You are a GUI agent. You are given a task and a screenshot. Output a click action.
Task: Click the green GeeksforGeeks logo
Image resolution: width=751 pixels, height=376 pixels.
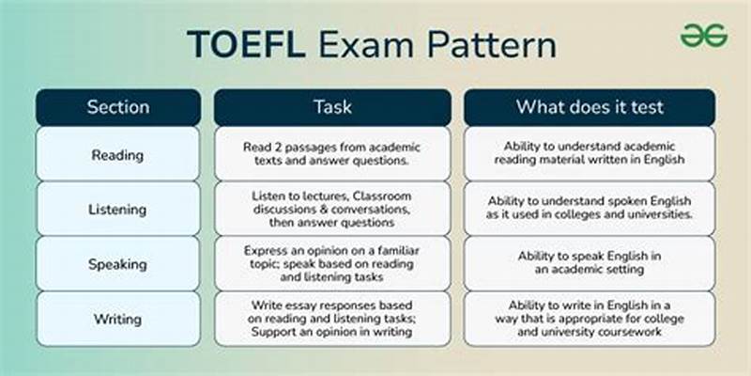(x=703, y=35)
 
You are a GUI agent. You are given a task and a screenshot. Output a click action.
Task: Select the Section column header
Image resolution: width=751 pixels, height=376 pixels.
(x=118, y=107)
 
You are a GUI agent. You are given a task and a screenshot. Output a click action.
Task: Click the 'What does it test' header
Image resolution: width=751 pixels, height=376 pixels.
(x=589, y=107)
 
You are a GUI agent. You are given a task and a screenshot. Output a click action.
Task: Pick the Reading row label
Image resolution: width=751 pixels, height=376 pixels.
(x=118, y=154)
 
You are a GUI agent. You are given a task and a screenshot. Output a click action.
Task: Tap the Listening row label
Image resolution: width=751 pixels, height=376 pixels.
(x=118, y=209)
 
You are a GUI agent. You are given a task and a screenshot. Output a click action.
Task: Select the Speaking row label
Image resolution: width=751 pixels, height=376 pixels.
(x=118, y=263)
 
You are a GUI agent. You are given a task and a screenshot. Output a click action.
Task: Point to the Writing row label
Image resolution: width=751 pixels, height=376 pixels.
(x=118, y=318)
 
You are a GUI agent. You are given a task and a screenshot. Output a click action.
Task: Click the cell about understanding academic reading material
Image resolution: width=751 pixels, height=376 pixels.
(x=590, y=154)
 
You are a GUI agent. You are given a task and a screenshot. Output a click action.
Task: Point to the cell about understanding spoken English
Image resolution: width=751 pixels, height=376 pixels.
(x=590, y=209)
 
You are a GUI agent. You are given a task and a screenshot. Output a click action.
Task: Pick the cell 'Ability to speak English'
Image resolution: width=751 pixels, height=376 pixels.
(x=590, y=263)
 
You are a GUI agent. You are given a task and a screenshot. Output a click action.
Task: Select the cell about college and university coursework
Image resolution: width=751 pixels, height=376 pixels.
(x=590, y=318)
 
